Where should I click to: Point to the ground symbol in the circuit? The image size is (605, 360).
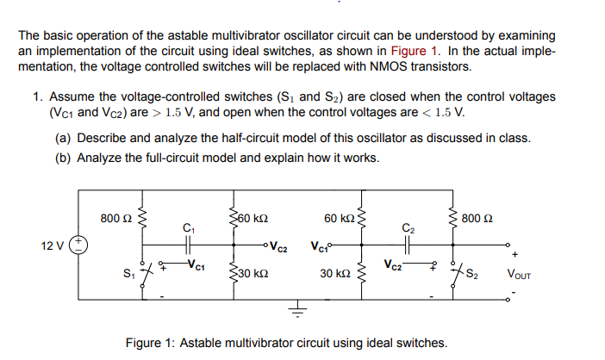click(300, 309)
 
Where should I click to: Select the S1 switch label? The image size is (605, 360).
click(128, 274)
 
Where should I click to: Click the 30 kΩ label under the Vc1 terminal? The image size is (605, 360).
click(332, 275)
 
